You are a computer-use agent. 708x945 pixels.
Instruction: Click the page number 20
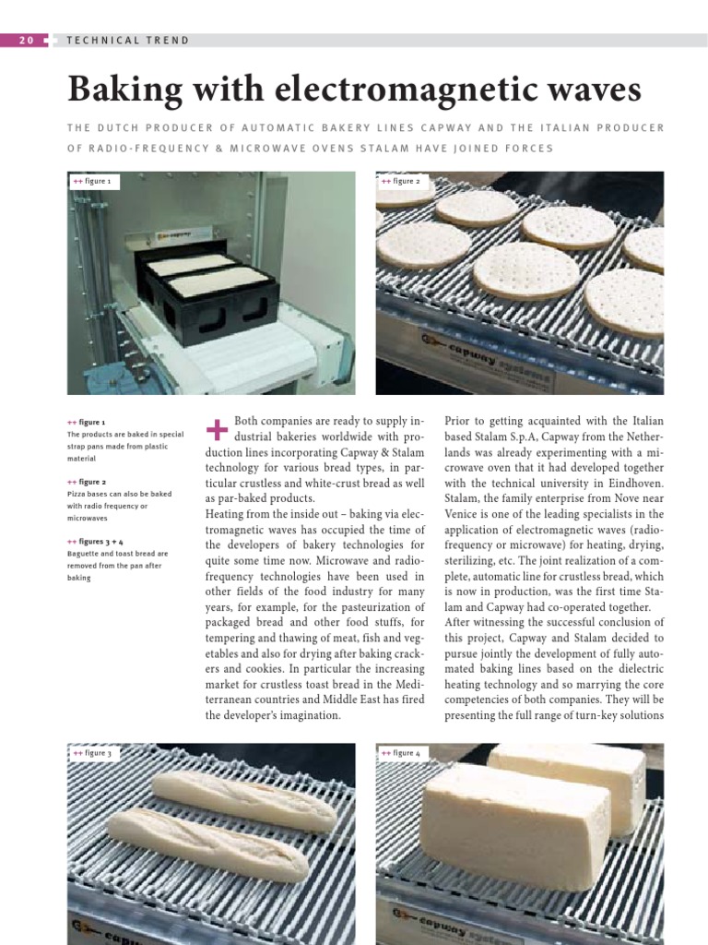26,40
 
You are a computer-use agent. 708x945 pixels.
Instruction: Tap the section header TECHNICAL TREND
128,41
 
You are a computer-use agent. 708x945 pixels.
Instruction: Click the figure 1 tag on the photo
92,182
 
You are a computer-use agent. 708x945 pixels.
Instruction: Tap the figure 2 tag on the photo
401,182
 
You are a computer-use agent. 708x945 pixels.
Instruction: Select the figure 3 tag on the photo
92,753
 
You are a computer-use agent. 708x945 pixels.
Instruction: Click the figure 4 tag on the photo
401,753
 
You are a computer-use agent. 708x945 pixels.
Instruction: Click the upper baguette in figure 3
243,800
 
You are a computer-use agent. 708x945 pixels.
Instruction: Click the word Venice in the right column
464,514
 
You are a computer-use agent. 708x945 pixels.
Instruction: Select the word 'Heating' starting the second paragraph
226,513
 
